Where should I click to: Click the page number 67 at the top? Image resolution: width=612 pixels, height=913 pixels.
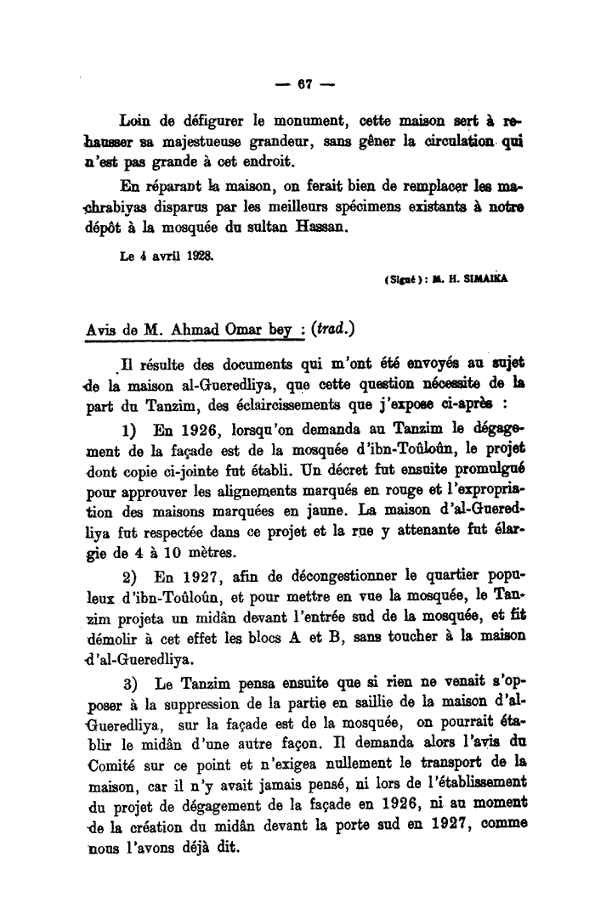(x=306, y=86)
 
